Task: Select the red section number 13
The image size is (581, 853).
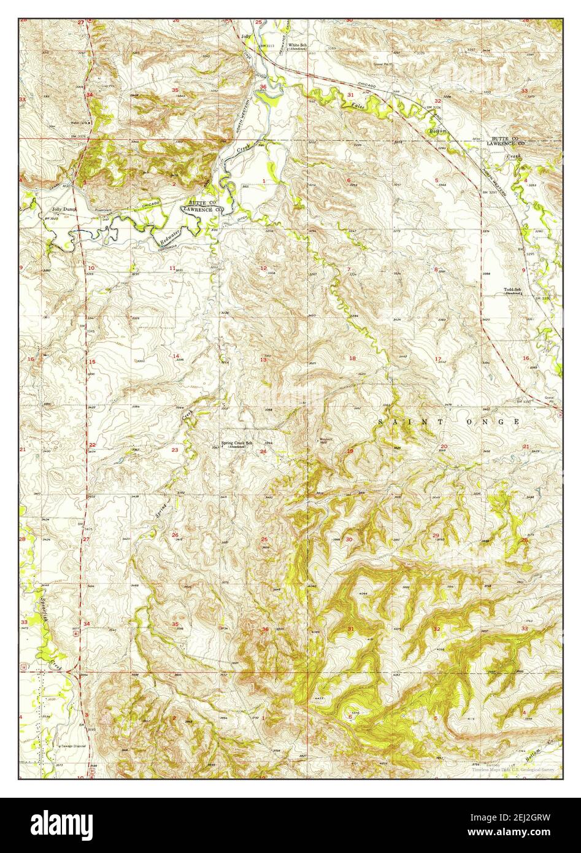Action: (263, 360)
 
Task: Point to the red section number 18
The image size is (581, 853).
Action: (352, 358)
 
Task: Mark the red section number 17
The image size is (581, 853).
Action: (438, 359)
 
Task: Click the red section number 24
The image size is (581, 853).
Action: (263, 452)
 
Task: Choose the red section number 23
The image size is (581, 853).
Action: (175, 450)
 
